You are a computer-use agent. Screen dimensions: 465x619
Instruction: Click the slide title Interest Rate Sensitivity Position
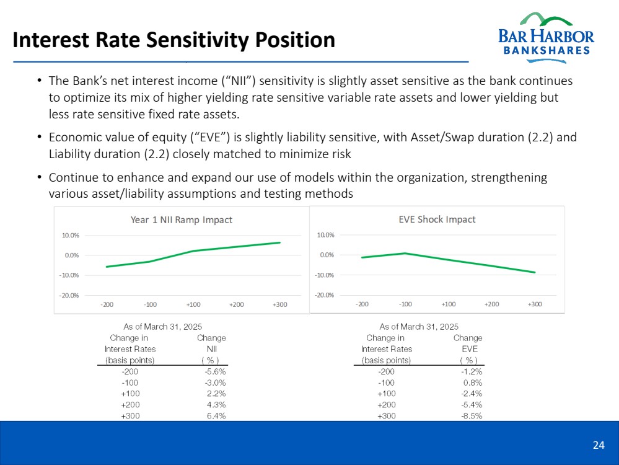pyautogui.click(x=174, y=40)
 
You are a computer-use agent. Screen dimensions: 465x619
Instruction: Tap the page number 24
pyautogui.click(x=598, y=445)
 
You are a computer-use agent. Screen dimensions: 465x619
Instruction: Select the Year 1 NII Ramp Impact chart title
pyautogui.click(x=181, y=220)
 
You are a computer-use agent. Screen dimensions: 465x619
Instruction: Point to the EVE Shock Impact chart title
pyautogui.click(x=437, y=219)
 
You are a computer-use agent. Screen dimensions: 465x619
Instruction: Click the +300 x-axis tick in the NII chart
pyautogui.click(x=279, y=305)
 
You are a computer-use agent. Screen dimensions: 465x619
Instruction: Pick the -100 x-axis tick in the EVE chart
pyautogui.click(x=405, y=304)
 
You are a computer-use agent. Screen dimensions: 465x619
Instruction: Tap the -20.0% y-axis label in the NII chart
pyautogui.click(x=69, y=295)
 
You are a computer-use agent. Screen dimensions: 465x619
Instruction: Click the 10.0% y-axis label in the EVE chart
pyautogui.click(x=325, y=235)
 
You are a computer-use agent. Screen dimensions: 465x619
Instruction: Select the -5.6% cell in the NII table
pyautogui.click(x=215, y=371)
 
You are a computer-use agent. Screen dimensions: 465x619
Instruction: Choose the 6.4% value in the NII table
pyautogui.click(x=216, y=416)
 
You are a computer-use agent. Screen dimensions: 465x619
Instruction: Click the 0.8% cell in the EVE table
pyautogui.click(x=473, y=383)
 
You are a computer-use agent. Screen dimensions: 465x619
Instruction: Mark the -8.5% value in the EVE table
pyautogui.click(x=472, y=416)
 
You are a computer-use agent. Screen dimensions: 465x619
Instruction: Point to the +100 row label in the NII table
pyautogui.click(x=130, y=394)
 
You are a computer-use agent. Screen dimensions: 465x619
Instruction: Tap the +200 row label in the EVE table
pyautogui.click(x=386, y=405)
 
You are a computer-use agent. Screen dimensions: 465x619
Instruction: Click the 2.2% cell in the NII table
pyautogui.click(x=216, y=394)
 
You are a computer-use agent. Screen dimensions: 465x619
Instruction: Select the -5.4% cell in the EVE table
pyautogui.click(x=472, y=405)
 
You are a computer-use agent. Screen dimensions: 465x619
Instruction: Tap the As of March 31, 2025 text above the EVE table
pyautogui.click(x=419, y=326)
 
